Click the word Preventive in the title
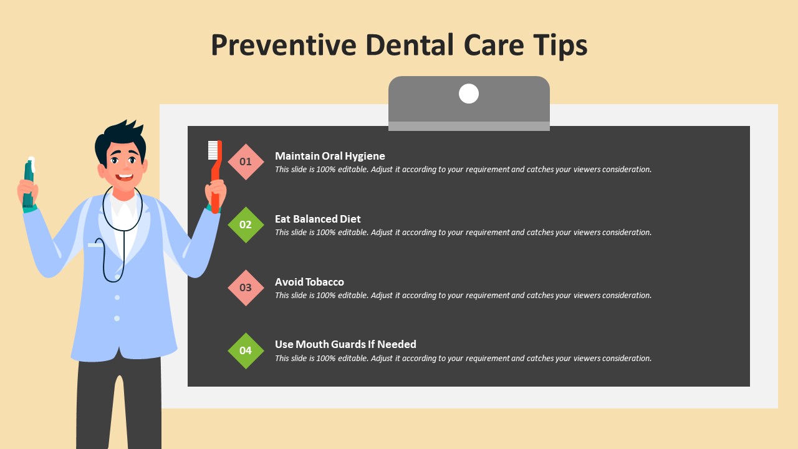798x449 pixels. (284, 46)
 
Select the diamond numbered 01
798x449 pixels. (246, 162)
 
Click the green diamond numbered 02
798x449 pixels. (246, 225)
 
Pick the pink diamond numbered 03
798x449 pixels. (246, 287)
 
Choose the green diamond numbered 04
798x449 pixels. (246, 350)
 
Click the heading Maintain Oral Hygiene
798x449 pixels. (330, 156)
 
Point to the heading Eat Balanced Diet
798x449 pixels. (318, 219)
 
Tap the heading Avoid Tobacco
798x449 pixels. (309, 282)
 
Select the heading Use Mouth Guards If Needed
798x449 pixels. (345, 344)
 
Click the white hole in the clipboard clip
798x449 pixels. (469, 94)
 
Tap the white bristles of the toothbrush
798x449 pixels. (213, 150)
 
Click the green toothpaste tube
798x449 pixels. (29, 183)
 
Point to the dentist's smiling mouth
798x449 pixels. (125, 176)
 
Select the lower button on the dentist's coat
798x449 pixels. (117, 318)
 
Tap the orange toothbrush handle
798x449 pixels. (216, 178)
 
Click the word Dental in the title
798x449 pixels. (410, 46)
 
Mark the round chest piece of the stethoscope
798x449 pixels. (117, 277)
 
